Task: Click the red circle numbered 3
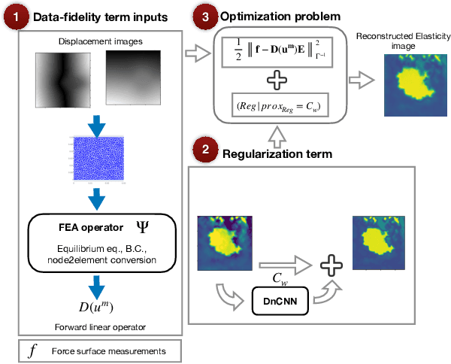(203, 15)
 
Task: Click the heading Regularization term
(278, 155)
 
